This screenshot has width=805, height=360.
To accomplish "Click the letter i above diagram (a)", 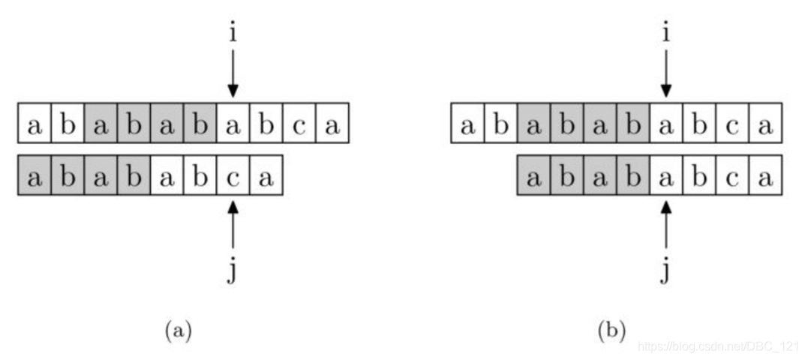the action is tap(233, 34).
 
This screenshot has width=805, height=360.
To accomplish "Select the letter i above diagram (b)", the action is tap(666, 34).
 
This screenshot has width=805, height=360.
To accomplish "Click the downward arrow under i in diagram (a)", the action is tap(233, 73).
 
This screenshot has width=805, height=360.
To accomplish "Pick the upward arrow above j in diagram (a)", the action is tap(233, 224).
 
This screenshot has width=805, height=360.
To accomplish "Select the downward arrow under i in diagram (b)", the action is tap(666, 73).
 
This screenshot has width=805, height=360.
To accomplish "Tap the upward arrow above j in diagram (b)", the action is tap(666, 224).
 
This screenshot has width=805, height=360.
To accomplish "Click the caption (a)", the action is tap(178, 331).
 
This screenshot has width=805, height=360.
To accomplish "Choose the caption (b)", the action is tap(611, 331).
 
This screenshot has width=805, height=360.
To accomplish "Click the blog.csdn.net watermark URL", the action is tap(718, 346).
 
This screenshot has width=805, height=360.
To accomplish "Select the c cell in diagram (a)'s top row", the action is tap(299, 123).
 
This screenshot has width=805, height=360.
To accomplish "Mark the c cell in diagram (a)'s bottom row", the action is tap(233, 175).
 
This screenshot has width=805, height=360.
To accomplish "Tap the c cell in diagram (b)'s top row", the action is tap(733, 123).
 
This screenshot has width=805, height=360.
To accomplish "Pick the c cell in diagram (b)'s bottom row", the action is tap(733, 175).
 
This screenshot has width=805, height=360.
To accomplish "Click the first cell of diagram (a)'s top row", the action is tap(35, 123).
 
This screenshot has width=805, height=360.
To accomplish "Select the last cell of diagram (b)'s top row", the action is tap(765, 123).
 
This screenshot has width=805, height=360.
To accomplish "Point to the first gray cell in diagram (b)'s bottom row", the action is tap(534, 175).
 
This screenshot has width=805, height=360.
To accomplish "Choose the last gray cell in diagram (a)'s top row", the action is tap(200, 123).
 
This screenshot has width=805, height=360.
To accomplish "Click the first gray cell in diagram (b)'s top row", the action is tap(534, 123).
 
